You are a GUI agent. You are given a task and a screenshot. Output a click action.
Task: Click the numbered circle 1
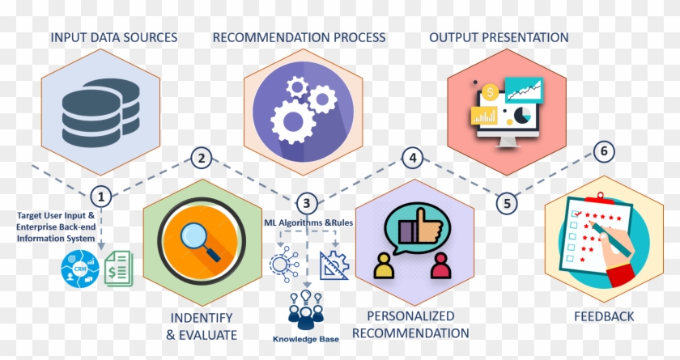point(101,197)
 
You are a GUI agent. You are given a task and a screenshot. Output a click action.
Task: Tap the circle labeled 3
point(305,204)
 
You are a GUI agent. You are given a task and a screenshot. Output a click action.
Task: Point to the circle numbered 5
point(508,203)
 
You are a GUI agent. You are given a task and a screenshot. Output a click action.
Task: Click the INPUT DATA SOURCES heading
point(114,37)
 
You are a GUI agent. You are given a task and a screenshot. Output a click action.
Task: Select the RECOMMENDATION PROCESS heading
point(299,37)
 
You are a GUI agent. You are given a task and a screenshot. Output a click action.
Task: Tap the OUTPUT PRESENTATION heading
point(499,37)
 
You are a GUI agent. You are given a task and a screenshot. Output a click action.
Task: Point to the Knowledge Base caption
point(306,340)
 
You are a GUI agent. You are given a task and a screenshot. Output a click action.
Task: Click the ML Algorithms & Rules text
point(304,222)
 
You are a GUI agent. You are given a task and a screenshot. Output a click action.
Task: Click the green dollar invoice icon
point(120,268)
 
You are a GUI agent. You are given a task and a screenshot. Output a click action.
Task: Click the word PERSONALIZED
point(410,316)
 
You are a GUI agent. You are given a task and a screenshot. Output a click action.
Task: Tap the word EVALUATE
point(207,335)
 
